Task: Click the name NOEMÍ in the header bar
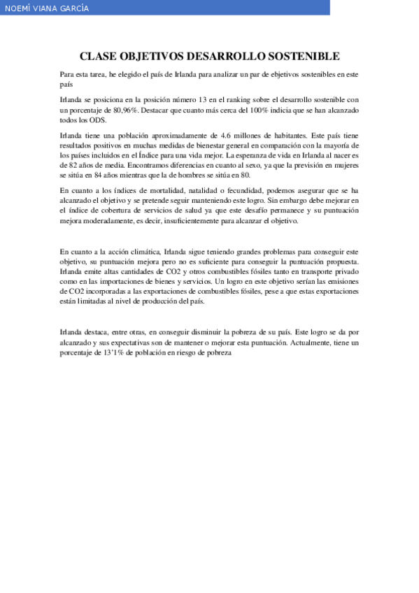tap(19, 8)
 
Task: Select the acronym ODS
tap(97, 119)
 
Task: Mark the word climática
tap(144, 250)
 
